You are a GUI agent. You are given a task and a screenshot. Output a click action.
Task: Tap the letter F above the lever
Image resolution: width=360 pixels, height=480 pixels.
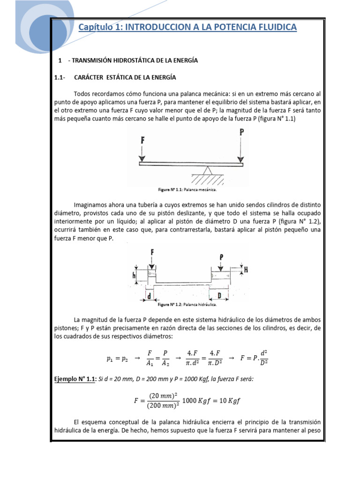pos(142,140)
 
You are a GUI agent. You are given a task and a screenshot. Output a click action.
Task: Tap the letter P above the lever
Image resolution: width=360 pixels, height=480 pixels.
pos(241,133)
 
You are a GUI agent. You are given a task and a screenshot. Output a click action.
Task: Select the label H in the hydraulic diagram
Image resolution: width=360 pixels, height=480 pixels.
pos(246,270)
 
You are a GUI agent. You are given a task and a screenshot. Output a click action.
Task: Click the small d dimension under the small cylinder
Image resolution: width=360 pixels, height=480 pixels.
pos(148,296)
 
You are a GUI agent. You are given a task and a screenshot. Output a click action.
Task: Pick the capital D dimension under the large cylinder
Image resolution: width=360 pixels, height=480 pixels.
pos(219,296)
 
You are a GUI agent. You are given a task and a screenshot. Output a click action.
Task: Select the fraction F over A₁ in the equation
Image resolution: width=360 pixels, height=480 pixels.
pos(150,359)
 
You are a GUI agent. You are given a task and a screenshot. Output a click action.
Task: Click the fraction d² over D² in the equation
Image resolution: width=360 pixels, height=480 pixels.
pos(263,359)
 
